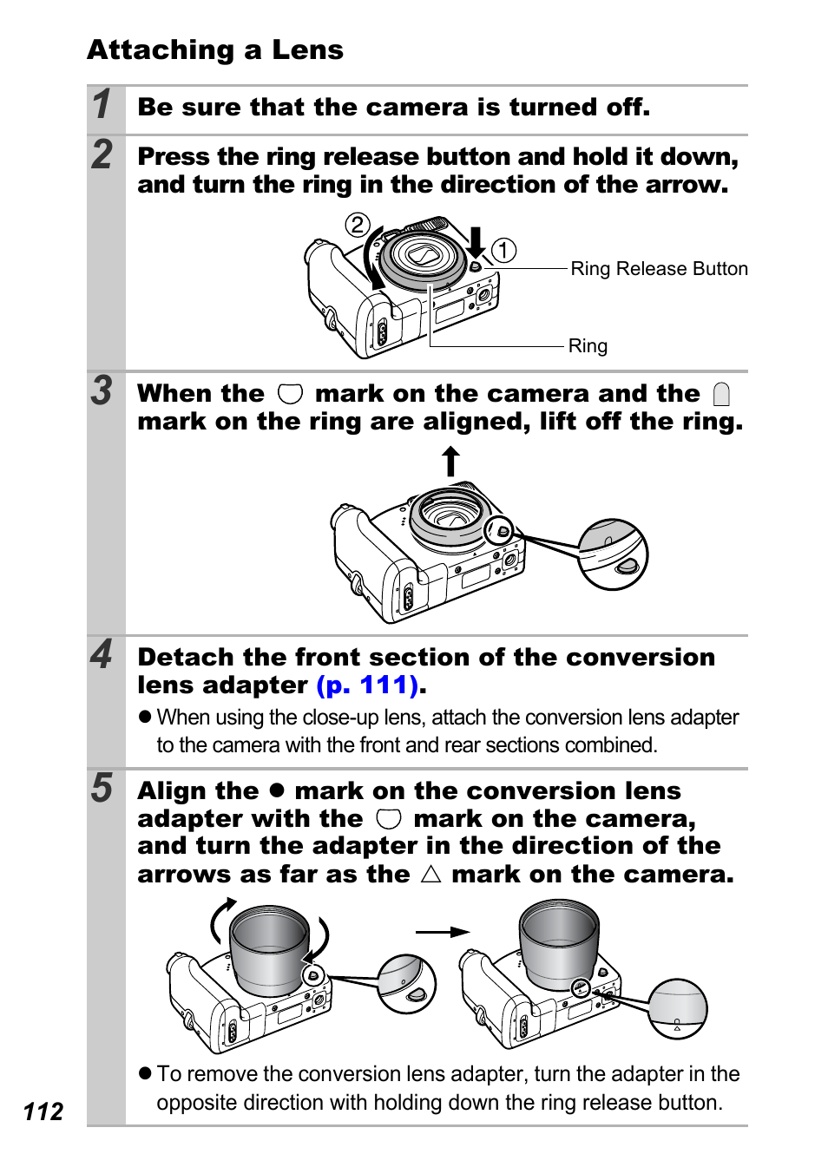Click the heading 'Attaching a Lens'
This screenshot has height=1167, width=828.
215,50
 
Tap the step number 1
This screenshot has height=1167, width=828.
102,104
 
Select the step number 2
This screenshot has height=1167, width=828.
102,154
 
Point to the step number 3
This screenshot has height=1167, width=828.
102,390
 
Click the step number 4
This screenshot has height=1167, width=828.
102,654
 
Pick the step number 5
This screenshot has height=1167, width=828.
102,788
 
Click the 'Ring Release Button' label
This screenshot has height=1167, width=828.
659,269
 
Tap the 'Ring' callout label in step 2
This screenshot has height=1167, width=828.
588,346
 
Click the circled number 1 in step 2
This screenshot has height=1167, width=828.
503,251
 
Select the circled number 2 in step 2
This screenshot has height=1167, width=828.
358,225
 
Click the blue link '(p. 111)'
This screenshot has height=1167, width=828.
368,685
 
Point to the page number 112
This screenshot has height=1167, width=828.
43,1111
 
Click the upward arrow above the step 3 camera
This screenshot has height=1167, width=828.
450,461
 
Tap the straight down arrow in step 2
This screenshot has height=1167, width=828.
476,242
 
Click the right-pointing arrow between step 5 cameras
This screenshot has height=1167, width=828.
443,932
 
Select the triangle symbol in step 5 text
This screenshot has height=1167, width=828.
430,874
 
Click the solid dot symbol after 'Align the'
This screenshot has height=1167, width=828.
277,790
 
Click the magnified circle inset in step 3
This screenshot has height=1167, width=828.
613,555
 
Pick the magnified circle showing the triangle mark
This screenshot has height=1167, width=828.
678,1008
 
